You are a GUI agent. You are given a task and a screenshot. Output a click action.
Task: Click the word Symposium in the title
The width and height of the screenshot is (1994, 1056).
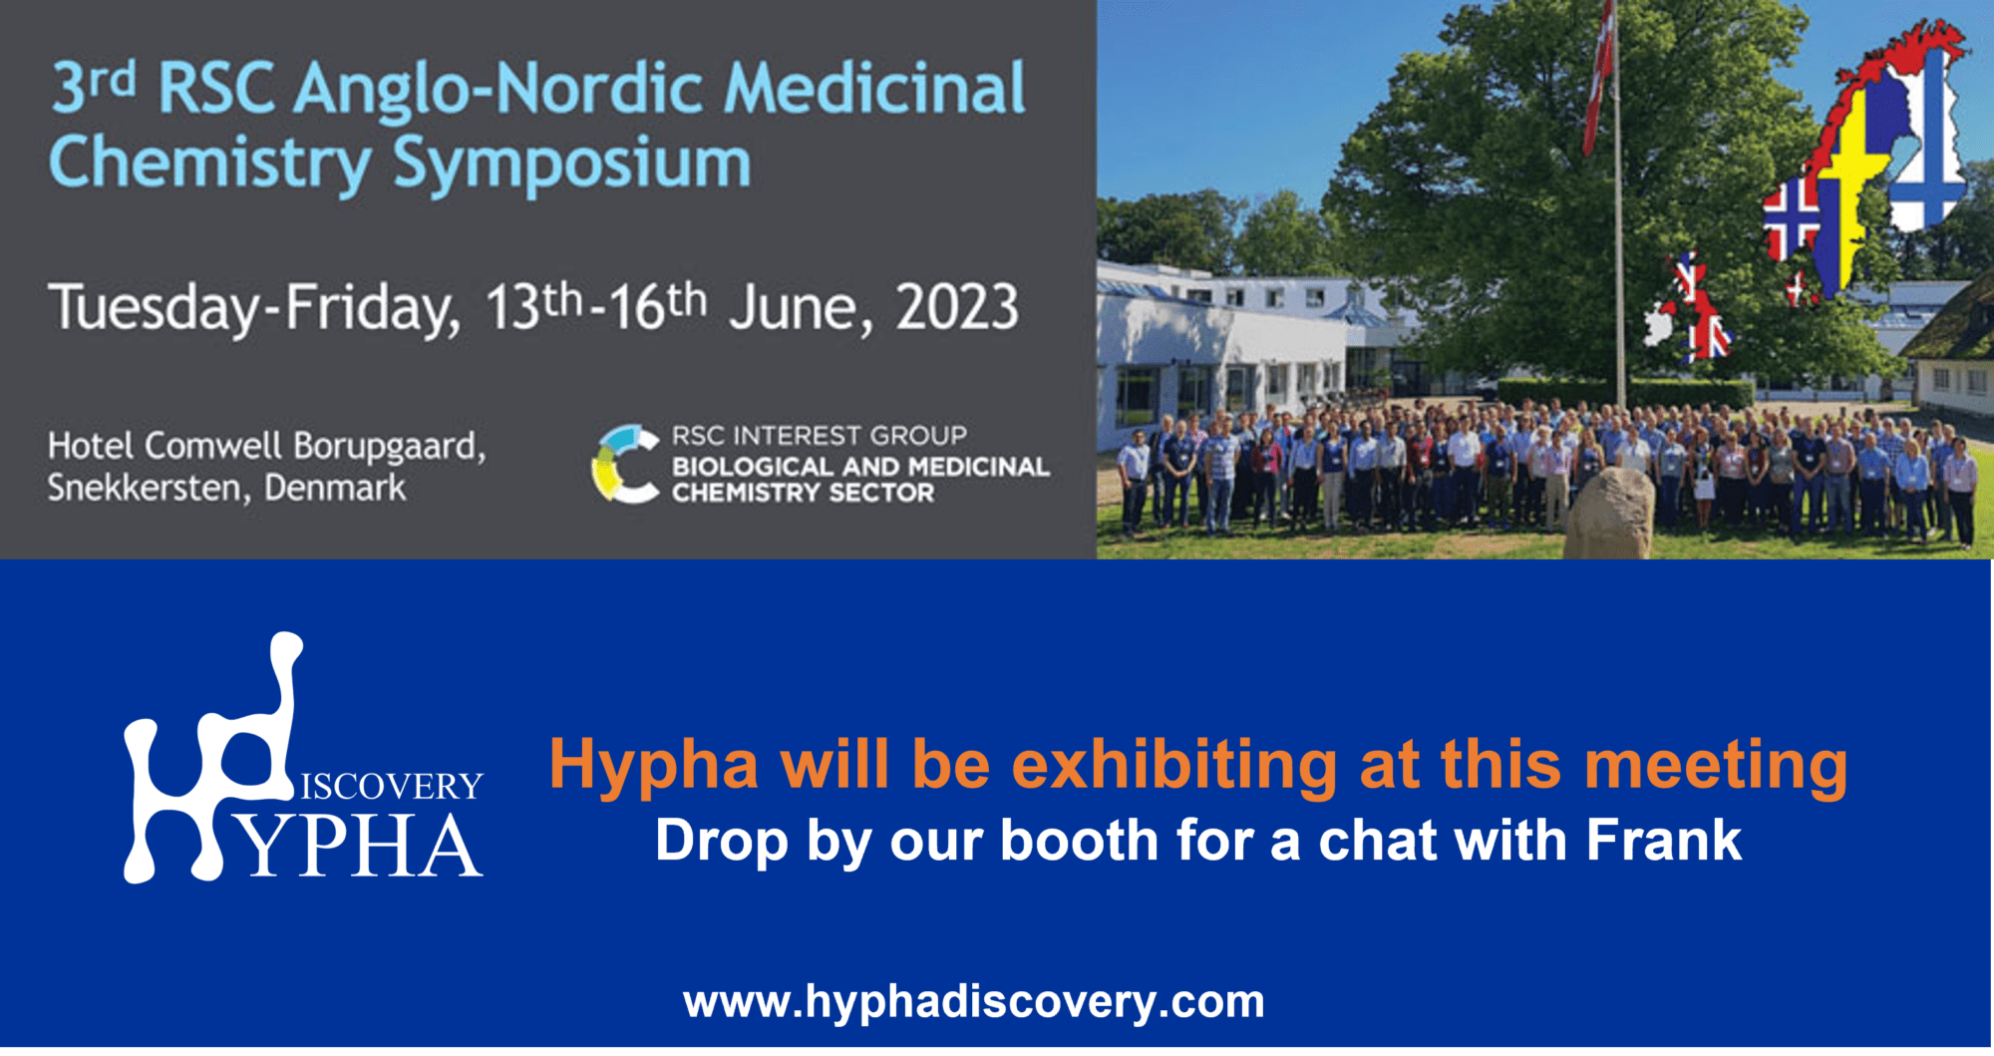coord(571,165)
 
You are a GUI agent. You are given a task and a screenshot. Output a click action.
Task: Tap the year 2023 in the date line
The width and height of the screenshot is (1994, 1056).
coord(957,307)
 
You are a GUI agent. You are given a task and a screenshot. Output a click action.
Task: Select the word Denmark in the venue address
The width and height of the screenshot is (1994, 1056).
coord(335,489)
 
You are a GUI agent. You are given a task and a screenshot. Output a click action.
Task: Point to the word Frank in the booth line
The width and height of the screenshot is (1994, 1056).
coord(1663,840)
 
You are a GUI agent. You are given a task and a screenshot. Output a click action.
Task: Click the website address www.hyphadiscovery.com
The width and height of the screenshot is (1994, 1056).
coord(973,1001)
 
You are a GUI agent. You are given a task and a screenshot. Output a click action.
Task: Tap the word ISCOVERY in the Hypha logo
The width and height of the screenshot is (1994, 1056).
coord(391,786)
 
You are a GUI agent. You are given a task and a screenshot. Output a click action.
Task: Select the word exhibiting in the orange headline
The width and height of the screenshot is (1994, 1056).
coord(1174,766)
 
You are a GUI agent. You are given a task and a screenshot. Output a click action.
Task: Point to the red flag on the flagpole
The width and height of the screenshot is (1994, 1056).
coord(1598,80)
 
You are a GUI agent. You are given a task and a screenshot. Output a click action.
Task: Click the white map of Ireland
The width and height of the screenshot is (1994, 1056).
coord(1657,324)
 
